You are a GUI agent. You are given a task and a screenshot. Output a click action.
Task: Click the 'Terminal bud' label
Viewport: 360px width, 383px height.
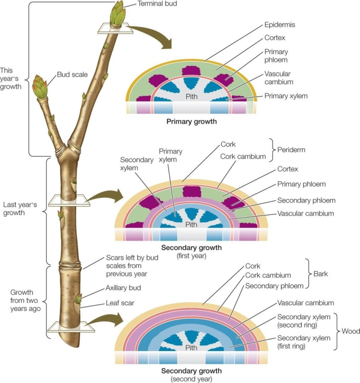click(x=158, y=4)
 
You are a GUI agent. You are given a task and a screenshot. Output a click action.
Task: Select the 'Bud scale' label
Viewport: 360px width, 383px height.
click(x=73, y=75)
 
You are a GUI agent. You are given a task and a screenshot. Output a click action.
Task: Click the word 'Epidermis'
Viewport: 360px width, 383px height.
click(x=280, y=24)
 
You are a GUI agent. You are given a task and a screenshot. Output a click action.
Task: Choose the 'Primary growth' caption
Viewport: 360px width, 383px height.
click(x=191, y=122)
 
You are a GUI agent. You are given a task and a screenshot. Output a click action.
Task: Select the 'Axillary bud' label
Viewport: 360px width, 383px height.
click(x=123, y=288)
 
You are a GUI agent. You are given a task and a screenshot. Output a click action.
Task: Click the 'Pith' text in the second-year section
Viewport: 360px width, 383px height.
click(x=191, y=348)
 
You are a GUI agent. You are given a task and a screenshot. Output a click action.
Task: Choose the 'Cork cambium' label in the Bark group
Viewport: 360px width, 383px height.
click(x=268, y=276)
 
